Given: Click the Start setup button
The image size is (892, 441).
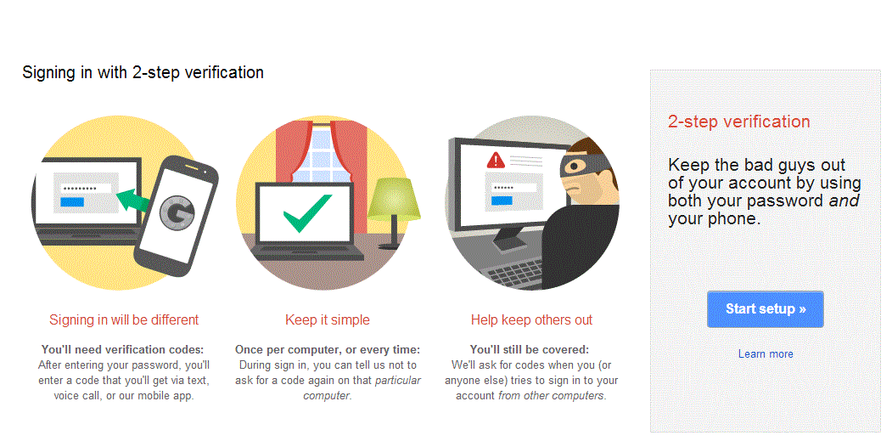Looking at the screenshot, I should pyautogui.click(x=765, y=309).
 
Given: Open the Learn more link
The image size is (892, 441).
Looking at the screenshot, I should pyautogui.click(x=766, y=353).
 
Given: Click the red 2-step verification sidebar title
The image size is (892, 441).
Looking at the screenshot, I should pyautogui.click(x=738, y=122).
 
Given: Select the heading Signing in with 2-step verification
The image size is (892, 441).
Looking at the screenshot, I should pyautogui.click(x=143, y=72).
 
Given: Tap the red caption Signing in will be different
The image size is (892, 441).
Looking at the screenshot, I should pyautogui.click(x=124, y=320).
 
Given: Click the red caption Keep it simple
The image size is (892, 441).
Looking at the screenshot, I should pyautogui.click(x=328, y=320).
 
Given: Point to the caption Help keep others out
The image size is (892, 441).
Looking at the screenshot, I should pyautogui.click(x=531, y=320).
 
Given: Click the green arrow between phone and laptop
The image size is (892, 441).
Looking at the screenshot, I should pyautogui.click(x=133, y=201).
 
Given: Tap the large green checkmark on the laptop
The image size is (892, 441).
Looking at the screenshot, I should pyautogui.click(x=307, y=212).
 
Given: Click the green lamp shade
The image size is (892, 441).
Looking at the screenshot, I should pyautogui.click(x=393, y=197).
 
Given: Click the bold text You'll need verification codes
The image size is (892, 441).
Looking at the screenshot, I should pyautogui.click(x=123, y=349).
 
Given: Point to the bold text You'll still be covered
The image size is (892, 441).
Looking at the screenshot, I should pyautogui.click(x=531, y=349).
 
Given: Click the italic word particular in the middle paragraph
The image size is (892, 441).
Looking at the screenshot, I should pyautogui.click(x=397, y=380).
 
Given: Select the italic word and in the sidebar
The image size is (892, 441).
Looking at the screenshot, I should pyautogui.click(x=844, y=201).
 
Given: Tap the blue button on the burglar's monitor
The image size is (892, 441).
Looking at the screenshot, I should pyautogui.click(x=502, y=201).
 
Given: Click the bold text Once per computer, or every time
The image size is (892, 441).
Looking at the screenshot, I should pyautogui.click(x=328, y=349).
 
